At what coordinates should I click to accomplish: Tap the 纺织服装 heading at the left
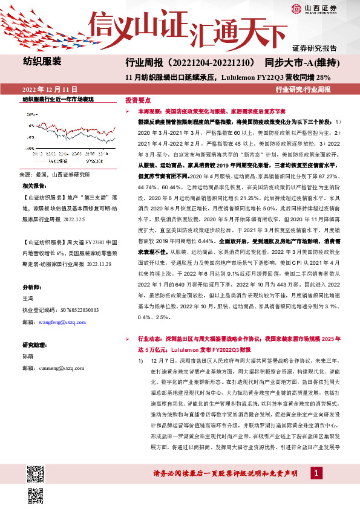pyautogui.click(x=42, y=61)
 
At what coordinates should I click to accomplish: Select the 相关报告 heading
pyautogui.click(x=35, y=185)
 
